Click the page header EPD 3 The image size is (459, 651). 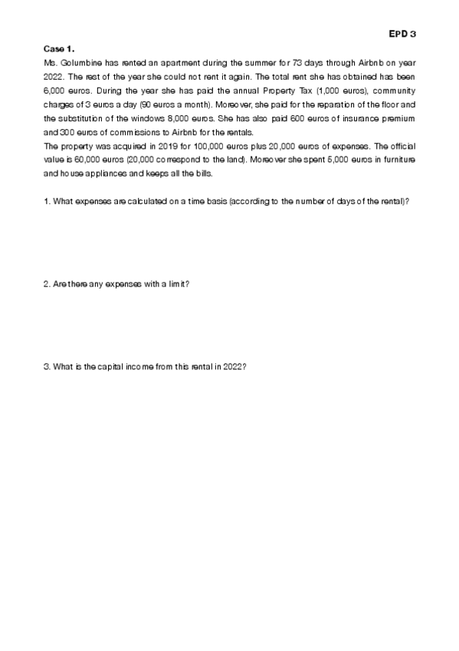coord(402,35)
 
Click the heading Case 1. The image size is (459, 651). coord(59,48)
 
